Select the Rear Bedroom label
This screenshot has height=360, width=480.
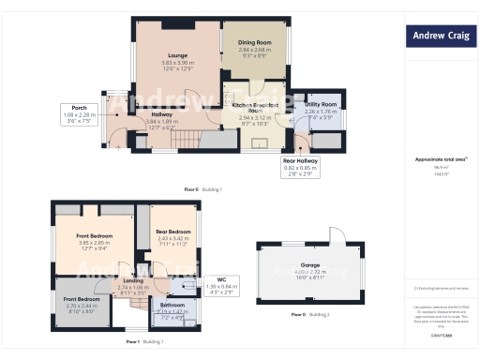[x=174, y=232]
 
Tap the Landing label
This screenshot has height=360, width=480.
[x=133, y=281]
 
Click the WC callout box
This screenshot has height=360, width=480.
[x=221, y=282]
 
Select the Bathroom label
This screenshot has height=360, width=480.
[x=172, y=306]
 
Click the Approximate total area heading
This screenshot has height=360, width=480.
[x=439, y=159]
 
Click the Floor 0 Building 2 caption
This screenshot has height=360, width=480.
[x=310, y=314]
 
